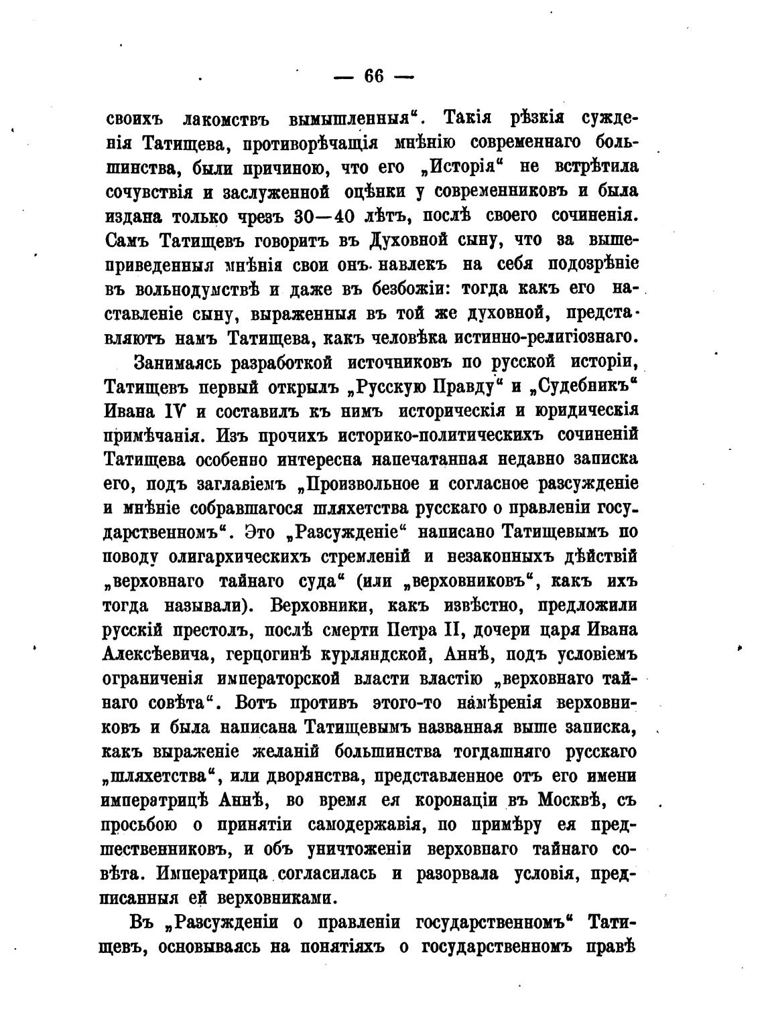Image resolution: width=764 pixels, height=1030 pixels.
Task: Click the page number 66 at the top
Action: (374, 76)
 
